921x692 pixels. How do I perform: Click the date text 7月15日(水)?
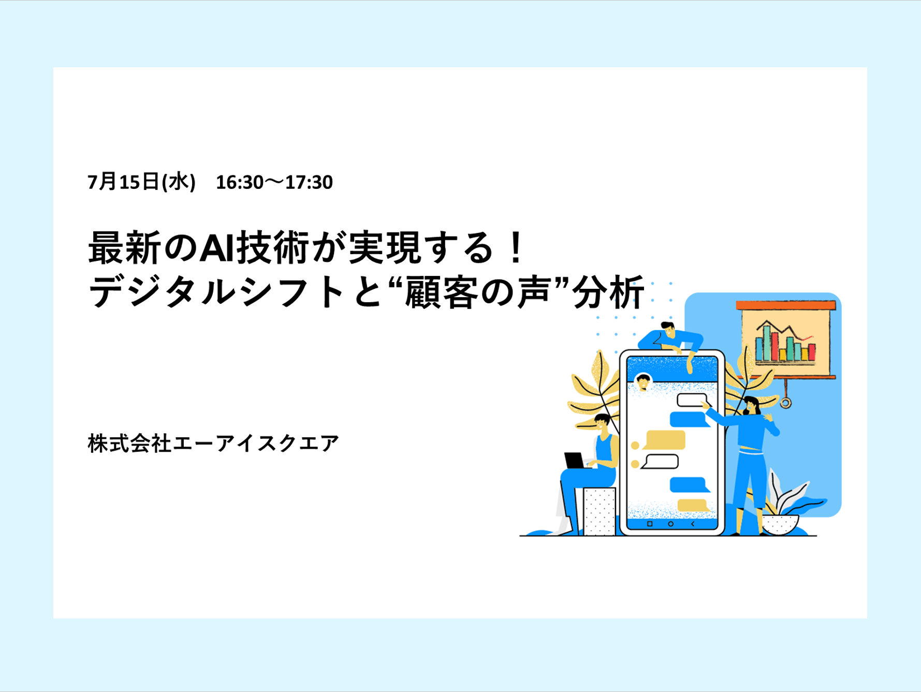(141, 182)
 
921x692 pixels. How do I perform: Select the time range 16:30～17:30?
(274, 182)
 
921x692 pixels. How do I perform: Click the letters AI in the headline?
(217, 248)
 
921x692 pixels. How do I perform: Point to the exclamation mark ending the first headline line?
(515, 247)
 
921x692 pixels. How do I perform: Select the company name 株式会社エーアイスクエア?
(213, 444)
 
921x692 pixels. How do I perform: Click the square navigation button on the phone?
(650, 524)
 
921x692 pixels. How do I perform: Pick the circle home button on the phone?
(671, 524)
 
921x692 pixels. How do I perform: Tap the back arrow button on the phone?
(693, 524)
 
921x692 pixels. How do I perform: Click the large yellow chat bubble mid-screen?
(665, 440)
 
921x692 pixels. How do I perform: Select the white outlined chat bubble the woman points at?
(693, 400)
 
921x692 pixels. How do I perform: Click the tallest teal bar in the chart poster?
(767, 342)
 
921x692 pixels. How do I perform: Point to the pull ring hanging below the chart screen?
(785, 402)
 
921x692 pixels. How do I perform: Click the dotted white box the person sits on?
(600, 511)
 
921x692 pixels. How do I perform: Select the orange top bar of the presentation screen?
(786, 305)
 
